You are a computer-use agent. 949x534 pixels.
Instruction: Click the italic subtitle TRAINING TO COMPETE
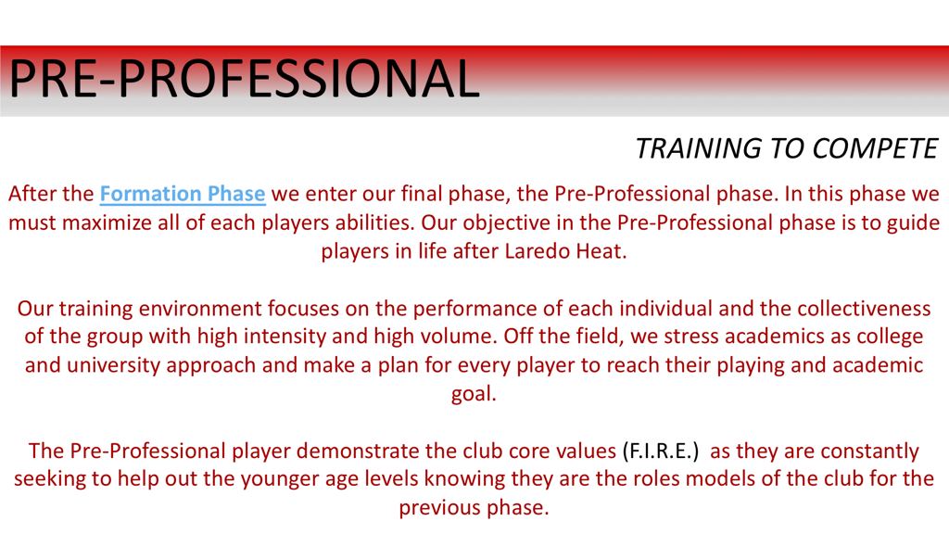pos(787,148)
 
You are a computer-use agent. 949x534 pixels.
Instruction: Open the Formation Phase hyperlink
pos(183,195)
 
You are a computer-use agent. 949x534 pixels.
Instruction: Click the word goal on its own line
pos(474,394)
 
